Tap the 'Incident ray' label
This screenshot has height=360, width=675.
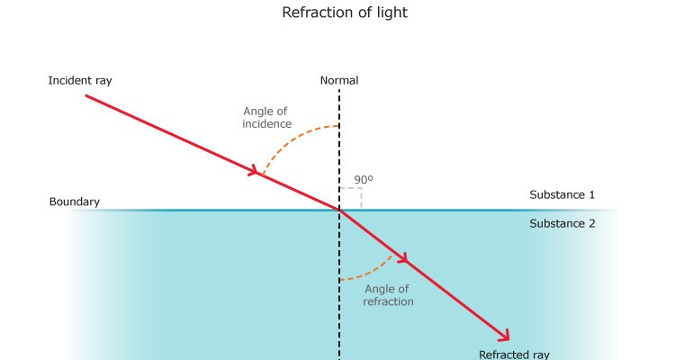click(x=80, y=81)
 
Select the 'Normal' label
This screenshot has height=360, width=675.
click(x=339, y=81)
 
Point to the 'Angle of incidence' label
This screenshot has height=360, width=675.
click(x=267, y=117)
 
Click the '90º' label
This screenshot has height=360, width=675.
click(x=363, y=180)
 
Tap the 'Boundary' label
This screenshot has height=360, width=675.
click(x=75, y=202)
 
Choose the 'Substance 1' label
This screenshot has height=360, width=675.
click(x=562, y=194)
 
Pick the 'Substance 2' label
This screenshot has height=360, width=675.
click(x=562, y=224)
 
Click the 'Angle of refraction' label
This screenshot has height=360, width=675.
click(x=388, y=295)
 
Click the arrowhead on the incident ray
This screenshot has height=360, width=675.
click(x=256, y=169)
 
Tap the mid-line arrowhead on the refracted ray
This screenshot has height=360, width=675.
click(x=402, y=258)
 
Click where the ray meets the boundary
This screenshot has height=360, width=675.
click(x=339, y=211)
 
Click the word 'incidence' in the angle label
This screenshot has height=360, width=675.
click(x=267, y=124)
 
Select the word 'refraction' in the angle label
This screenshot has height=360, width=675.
click(x=388, y=302)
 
